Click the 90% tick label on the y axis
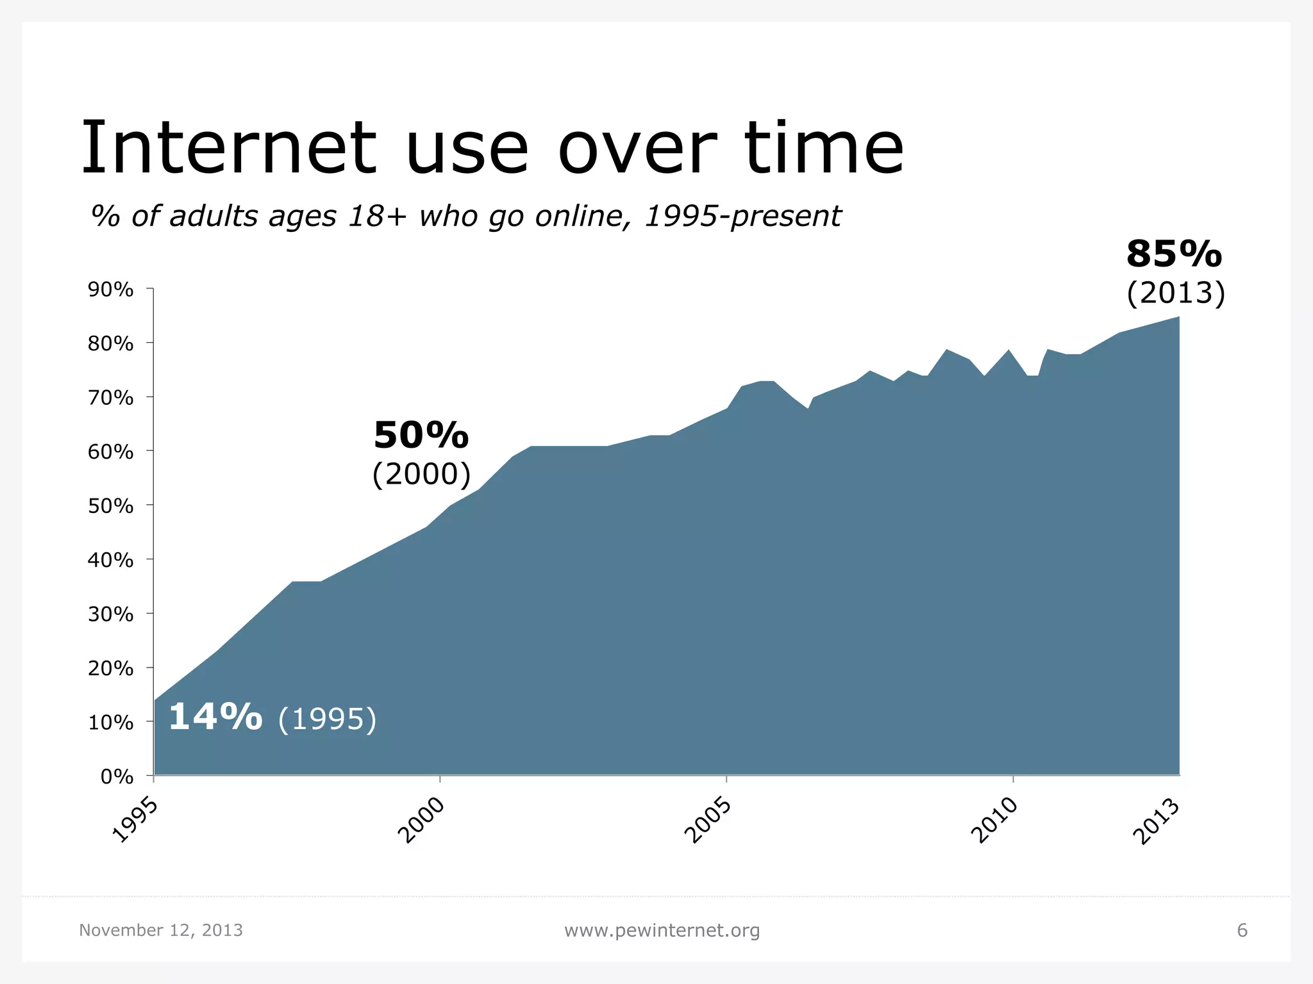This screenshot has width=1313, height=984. (110, 290)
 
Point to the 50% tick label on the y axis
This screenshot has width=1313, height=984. (110, 507)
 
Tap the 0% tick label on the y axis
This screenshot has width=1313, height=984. (117, 777)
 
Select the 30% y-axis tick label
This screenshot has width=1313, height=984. (110, 615)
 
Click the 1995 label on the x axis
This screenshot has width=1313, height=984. (135, 821)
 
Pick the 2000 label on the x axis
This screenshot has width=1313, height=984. (421, 821)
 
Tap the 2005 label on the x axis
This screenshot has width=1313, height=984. (708, 821)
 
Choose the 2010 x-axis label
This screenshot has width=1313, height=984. (994, 821)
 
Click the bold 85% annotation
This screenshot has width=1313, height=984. (1174, 255)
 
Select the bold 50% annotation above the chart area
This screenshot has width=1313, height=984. (421, 436)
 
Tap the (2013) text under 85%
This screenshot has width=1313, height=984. (1176, 293)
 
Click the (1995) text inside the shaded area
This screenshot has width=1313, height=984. (327, 719)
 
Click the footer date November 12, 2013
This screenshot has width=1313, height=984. (161, 930)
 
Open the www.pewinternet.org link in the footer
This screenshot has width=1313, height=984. (662, 930)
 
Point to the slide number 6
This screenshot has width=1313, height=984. (1242, 930)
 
